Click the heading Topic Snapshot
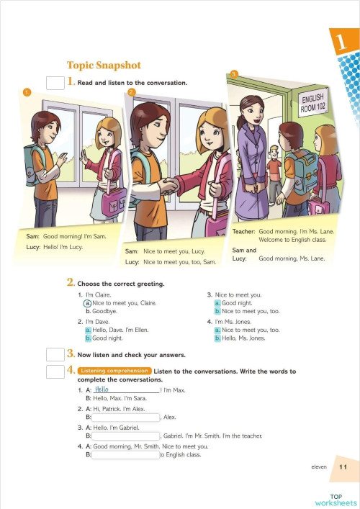(x=104, y=66)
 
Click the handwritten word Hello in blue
(x=102, y=389)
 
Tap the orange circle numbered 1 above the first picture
(x=27, y=91)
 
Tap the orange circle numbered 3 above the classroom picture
(x=233, y=73)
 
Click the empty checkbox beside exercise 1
(x=55, y=83)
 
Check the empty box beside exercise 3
(x=55, y=354)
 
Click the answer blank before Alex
(x=126, y=417)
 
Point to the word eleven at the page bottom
(x=319, y=467)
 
